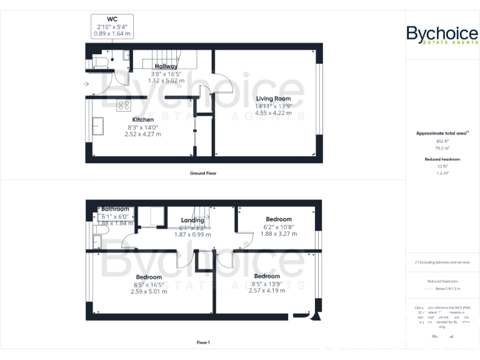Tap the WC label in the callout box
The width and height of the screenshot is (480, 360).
pos(112,19)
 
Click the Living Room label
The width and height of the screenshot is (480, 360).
pos(273,99)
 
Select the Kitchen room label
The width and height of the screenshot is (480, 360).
pos(142,119)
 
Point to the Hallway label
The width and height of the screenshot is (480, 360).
pos(166,66)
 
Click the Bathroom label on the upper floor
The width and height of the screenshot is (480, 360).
pos(115,209)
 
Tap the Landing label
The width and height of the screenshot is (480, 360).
pos(192,220)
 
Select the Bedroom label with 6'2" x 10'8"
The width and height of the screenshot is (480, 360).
pos(279,219)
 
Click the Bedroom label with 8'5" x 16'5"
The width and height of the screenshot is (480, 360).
pos(149,277)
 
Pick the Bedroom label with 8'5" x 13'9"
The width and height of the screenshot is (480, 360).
pos(266,276)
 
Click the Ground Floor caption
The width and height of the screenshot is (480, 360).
pos(203,173)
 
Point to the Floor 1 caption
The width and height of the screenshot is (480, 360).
pos(203,342)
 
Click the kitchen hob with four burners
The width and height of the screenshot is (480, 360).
pos(123,105)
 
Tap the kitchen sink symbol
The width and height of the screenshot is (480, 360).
pos(98,125)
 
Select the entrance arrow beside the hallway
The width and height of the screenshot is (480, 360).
pos(85,84)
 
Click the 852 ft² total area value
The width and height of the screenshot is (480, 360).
pos(442,142)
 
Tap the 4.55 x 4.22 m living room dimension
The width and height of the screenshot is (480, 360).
pos(273,113)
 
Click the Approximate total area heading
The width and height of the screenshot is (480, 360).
pos(442,133)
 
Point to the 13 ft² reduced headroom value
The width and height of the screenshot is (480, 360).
pos(442,166)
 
